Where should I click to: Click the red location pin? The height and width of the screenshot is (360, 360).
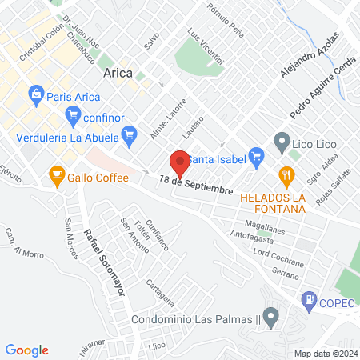[180, 162]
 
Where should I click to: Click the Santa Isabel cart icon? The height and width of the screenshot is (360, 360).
[256, 154]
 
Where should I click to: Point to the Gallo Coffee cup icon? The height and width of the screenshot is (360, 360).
[57, 174]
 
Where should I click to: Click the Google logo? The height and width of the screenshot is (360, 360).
[27, 350]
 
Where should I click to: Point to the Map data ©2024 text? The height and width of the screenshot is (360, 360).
[325, 353]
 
